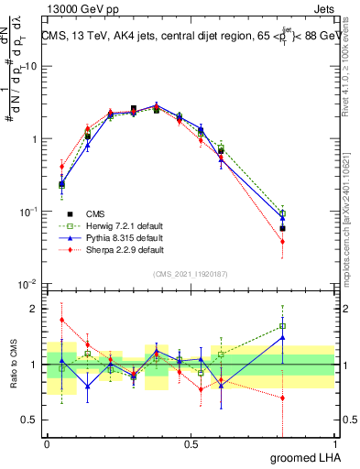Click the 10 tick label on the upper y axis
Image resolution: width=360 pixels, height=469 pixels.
pos(30,66)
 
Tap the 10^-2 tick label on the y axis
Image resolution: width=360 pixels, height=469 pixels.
pos(27,284)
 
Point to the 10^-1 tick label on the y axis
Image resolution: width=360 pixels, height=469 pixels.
pos(27,212)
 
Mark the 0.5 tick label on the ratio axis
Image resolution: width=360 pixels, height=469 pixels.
pos(29,420)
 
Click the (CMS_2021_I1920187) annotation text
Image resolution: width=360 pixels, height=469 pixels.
pos(191,274)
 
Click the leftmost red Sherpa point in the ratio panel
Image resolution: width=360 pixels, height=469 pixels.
pos(61,320)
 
